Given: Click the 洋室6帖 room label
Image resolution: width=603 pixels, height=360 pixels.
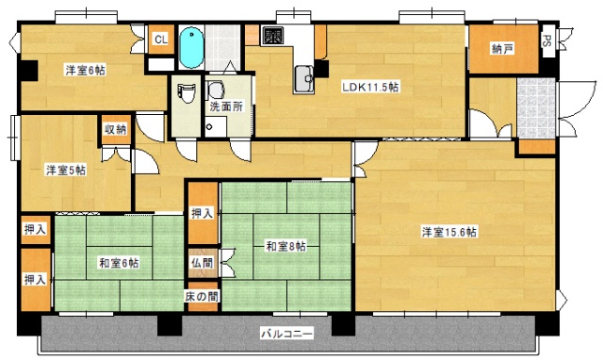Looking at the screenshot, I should (x=85, y=70).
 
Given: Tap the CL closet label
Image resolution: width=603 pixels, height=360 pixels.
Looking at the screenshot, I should (x=160, y=40).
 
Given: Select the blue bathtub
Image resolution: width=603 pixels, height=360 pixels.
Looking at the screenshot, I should (x=191, y=46).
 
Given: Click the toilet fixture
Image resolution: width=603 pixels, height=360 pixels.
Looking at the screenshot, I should (x=186, y=93).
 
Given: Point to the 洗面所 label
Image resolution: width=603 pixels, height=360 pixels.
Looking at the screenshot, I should (x=225, y=107).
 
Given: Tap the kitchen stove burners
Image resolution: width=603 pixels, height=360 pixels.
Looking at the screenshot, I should (x=273, y=38).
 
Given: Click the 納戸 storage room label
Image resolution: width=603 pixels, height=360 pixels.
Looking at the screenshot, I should (x=502, y=49).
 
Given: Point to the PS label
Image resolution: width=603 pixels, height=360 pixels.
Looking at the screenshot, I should (x=546, y=41).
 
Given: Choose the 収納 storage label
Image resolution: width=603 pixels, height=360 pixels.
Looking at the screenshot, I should (x=115, y=129).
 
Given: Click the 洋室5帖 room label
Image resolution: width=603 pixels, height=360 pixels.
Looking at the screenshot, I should (x=66, y=171).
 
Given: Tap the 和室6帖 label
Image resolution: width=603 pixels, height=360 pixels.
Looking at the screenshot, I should (x=117, y=263).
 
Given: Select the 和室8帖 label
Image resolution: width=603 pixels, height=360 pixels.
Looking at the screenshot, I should (x=285, y=247).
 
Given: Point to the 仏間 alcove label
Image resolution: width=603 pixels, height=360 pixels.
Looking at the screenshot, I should (x=203, y=263).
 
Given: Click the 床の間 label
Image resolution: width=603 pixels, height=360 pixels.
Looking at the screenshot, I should (x=202, y=297).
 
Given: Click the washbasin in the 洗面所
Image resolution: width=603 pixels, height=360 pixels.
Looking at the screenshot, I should (x=216, y=90).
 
